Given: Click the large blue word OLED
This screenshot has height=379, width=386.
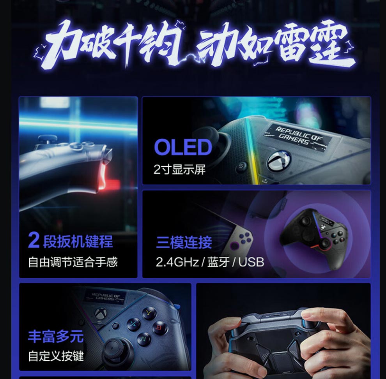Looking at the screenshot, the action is (x=183, y=147).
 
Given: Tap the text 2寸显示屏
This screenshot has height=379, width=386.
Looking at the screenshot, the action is (x=179, y=169).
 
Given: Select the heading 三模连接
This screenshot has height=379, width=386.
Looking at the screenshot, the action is (x=184, y=242).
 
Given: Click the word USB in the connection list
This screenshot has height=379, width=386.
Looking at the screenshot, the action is (x=251, y=262).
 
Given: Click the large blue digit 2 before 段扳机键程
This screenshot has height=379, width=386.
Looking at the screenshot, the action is (x=34, y=240).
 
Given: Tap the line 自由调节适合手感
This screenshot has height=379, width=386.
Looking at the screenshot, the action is (x=73, y=262).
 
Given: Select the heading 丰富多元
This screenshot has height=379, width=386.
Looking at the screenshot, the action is (x=56, y=337).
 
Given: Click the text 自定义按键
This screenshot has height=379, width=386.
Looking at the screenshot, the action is (x=56, y=356).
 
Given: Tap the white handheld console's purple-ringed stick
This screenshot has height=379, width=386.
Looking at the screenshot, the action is (x=234, y=245).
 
